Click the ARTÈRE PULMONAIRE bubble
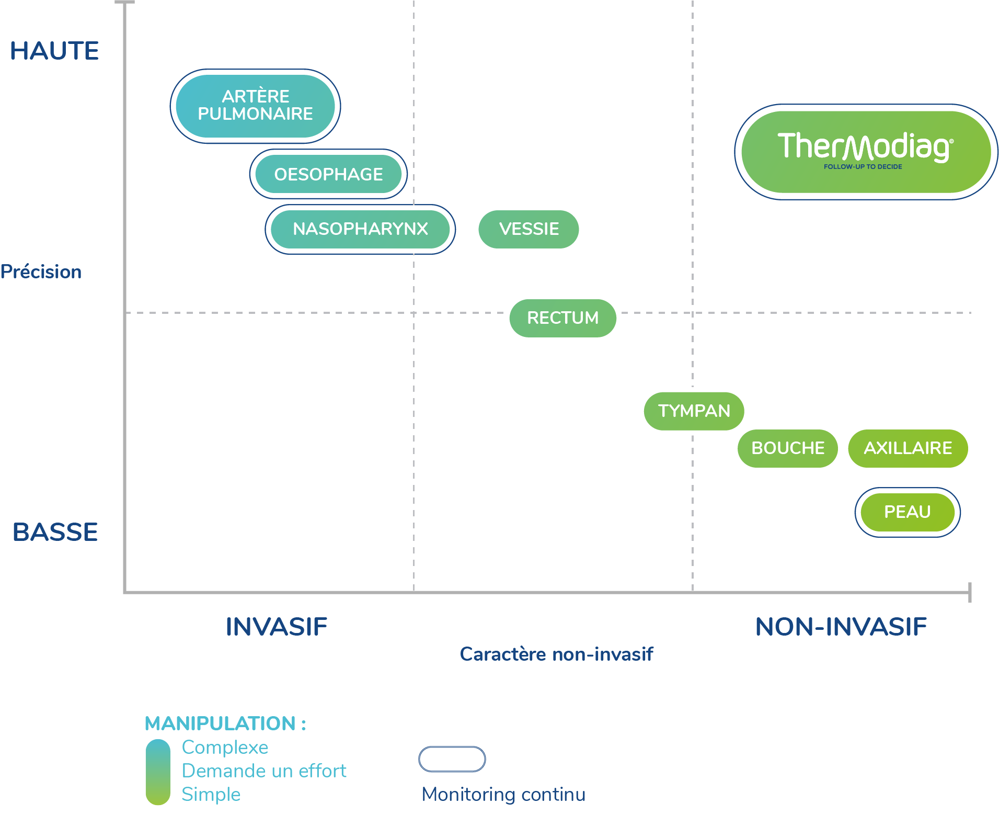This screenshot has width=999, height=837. coord(255,106)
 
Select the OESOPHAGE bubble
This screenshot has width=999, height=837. coord(328,174)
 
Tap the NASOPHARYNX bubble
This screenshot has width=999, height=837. coord(360,229)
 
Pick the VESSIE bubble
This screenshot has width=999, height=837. coord(529,229)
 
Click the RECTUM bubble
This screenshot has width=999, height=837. coord(562,318)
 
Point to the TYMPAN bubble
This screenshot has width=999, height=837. coord(694,411)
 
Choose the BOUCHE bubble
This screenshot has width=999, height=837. coord(787,448)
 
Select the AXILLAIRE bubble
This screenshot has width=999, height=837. coord(908,448)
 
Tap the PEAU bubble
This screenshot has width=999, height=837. coord(908,512)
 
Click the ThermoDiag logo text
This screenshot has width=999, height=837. coord(865,146)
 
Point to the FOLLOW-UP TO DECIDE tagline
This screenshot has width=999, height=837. coord(863,167)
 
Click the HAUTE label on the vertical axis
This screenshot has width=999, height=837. coord(54,51)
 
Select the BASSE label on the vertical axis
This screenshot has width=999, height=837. coord(55,533)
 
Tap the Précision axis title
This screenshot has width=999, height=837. coord(41,272)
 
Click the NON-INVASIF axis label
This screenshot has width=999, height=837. coord(841,627)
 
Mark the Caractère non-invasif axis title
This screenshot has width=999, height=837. coord(556,654)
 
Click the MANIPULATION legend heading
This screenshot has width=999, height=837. coord(225,723)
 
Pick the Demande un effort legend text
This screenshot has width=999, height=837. coord(264,771)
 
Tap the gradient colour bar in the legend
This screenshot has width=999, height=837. coord(158,772)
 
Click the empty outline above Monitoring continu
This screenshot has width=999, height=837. coord(452,759)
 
